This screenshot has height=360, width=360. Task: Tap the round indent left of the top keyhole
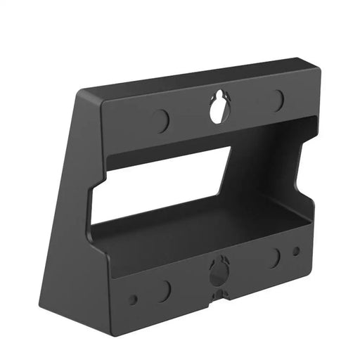click(x=161, y=120)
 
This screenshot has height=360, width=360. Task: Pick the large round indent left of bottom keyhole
click(x=164, y=288)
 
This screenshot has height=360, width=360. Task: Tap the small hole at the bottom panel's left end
click(x=133, y=299)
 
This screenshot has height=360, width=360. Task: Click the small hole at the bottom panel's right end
click(x=296, y=250)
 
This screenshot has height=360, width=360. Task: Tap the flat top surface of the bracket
click(x=197, y=79)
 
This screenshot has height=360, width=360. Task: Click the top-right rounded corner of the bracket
click(x=316, y=70)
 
